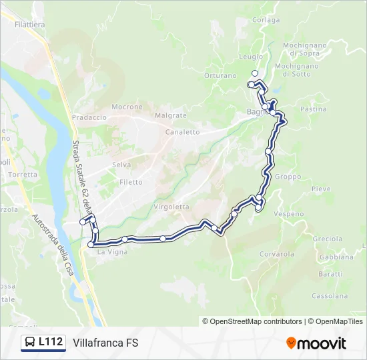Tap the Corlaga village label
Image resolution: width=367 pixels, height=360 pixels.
click(266, 20)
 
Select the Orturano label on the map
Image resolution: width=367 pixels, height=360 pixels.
click(220, 76)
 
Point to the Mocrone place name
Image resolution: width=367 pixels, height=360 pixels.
click(127, 107)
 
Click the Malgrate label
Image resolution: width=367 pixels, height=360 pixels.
click(171, 115)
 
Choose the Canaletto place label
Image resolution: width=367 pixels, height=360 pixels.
click(183, 132)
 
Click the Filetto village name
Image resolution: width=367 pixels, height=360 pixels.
click(131, 182)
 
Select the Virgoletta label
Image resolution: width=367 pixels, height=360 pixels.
click(171, 207)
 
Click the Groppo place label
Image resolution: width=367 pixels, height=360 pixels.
click(288, 177)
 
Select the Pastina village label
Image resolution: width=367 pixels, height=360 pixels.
click(314, 109)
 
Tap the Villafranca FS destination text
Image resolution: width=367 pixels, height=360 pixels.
click(105, 343)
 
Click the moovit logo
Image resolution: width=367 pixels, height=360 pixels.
click(316, 343)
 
